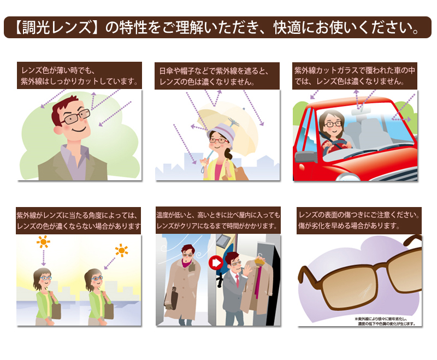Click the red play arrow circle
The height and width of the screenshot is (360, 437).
point(216,262)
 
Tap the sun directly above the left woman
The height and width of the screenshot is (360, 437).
point(44,241)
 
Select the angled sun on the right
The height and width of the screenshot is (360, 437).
point(122,250)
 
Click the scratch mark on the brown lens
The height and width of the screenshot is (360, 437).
point(365,291)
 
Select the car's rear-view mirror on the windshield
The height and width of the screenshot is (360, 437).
point(361,111)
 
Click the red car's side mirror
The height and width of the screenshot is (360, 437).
point(306,157)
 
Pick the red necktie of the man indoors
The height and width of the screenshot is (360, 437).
point(237,281)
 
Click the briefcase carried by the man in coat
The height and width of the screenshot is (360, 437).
point(171,299)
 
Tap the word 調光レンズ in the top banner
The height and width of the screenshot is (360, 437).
point(57,27)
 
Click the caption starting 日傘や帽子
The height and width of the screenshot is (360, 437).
point(215,76)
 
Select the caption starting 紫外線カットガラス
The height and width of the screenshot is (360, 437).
point(355,76)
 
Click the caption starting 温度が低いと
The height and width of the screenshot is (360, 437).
point(218,220)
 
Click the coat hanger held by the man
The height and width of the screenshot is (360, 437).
point(260,258)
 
